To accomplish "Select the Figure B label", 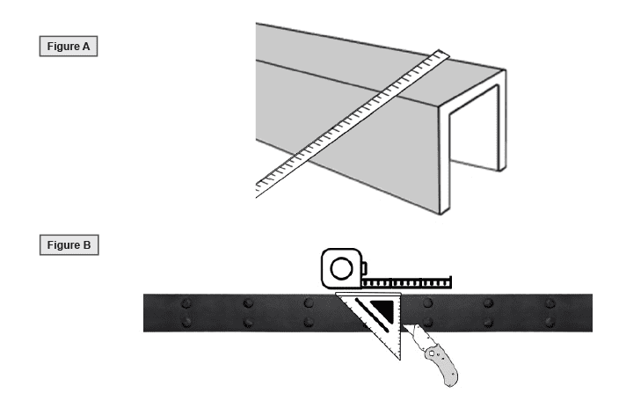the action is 68,244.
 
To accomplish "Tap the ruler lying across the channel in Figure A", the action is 352,120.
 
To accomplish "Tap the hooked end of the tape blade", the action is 449,280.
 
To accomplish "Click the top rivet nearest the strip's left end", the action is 186,303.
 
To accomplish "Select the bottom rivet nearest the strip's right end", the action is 550,322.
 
